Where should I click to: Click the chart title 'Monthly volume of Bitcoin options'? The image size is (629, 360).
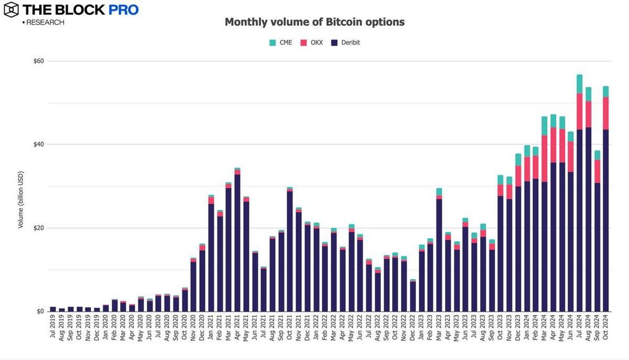314,22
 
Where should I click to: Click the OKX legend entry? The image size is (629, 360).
311,42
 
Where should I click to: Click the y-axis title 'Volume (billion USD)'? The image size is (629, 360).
21,199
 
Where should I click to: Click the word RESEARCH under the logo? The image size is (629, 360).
45,23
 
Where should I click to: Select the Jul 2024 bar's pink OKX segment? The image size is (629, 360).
579,112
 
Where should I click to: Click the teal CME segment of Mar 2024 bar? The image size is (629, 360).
544,126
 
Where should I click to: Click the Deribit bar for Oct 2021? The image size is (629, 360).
290,252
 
